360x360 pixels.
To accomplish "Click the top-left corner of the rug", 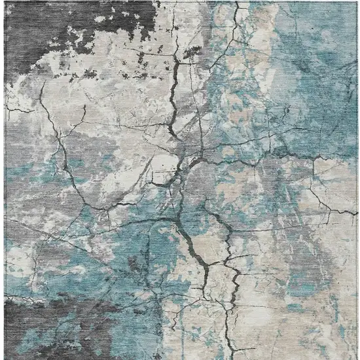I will point(5,2).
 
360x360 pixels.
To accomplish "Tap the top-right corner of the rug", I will point(357,2).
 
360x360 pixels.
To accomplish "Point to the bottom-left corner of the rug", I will point(5,358).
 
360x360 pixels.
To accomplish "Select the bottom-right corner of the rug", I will point(357,358).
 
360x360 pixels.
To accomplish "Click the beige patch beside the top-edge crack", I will point(262,26).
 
